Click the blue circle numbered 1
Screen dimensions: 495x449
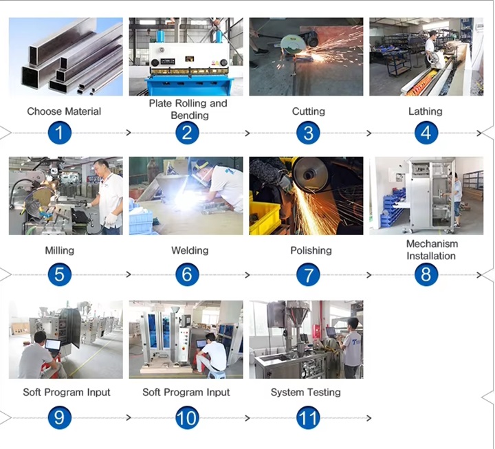pos(60,133)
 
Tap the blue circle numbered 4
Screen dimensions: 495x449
pos(426,133)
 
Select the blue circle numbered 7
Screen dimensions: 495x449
pos(308,275)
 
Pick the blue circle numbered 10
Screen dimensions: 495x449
pos(187,418)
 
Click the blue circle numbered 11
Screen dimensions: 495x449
pos(308,418)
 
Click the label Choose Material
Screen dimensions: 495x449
pos(64,111)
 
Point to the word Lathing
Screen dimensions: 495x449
pos(426,111)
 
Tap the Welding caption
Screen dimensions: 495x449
pos(190,251)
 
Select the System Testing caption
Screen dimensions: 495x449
pos(305,393)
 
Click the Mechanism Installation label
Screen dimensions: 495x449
pos(432,250)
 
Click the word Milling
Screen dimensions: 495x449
pos(59,251)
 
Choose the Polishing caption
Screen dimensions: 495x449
pos(311,251)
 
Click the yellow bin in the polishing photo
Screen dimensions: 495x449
pos(265,218)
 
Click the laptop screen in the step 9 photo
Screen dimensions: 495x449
pos(53,344)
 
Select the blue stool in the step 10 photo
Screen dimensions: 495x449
pos(217,375)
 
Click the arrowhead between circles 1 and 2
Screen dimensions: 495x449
pos(129,133)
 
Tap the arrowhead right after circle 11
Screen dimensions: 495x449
pos(368,418)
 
